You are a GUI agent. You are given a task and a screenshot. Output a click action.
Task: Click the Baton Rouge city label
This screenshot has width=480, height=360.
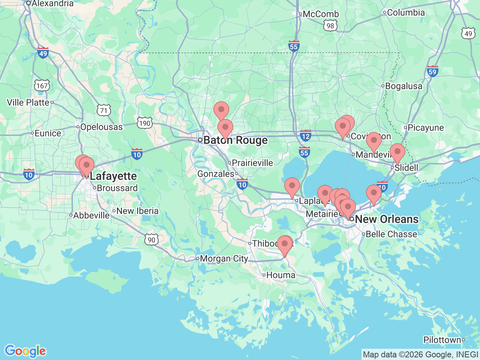click(x=235, y=140)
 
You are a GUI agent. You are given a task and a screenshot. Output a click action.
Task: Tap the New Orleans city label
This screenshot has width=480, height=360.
click(x=386, y=219)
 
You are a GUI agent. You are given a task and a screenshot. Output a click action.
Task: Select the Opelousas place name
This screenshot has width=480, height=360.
click(x=101, y=127)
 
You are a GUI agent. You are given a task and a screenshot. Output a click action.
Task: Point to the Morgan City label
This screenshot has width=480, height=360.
click(x=224, y=259)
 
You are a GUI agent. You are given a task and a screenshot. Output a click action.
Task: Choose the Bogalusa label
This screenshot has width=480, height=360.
click(x=403, y=86)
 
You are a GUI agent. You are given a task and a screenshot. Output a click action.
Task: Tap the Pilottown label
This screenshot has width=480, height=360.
click(x=442, y=340)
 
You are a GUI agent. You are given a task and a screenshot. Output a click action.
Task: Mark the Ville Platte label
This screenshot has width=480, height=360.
click(x=28, y=102)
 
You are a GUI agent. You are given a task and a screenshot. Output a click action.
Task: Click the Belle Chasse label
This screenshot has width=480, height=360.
click(x=391, y=234)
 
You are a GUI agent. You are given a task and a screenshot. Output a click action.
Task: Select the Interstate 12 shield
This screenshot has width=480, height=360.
click(x=306, y=136)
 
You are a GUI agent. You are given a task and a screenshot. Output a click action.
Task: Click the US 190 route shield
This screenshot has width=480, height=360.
click(x=144, y=123)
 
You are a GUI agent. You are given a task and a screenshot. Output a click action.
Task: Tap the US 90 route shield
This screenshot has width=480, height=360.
click(x=151, y=240)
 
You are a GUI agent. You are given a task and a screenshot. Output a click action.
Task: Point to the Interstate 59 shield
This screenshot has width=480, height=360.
click(x=432, y=71)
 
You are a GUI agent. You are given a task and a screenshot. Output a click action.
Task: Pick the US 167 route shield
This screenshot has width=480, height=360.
click(x=42, y=85)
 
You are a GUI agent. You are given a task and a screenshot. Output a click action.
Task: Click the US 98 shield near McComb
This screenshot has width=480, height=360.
click(x=330, y=25)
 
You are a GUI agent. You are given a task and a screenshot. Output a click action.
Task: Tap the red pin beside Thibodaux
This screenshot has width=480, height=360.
click(x=285, y=244)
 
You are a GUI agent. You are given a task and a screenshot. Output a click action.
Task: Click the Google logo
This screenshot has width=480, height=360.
click(x=25, y=351)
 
